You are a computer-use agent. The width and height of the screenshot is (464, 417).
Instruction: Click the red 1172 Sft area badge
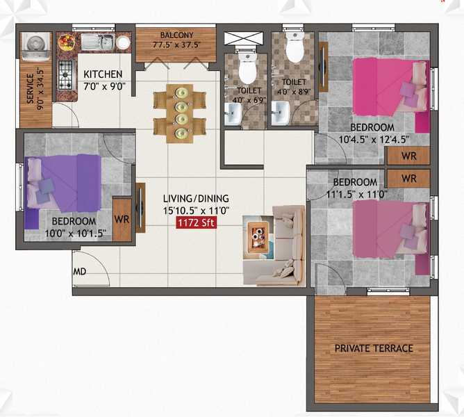(x=197, y=222)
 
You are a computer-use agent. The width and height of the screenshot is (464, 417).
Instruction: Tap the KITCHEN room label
(x=103, y=74)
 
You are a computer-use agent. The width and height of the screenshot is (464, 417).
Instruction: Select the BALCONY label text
(x=176, y=35)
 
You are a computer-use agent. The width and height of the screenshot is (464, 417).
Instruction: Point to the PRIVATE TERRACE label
(x=374, y=348)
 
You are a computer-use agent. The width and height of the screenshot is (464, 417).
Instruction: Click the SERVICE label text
(x=30, y=88)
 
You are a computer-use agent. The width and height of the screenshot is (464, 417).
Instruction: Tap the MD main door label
(x=80, y=271)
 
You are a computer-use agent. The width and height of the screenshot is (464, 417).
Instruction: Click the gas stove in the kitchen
(x=65, y=75)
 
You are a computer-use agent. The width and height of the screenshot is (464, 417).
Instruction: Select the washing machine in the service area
(x=36, y=45)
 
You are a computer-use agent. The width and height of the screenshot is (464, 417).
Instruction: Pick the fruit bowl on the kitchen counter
(x=66, y=42)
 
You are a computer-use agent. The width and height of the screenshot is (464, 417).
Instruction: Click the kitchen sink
(x=97, y=42)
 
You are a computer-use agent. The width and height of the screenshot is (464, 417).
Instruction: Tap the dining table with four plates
(x=180, y=114)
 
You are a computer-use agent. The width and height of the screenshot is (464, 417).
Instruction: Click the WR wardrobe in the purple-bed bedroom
(x=122, y=219)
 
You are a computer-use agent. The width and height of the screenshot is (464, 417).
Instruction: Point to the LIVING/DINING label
(x=196, y=198)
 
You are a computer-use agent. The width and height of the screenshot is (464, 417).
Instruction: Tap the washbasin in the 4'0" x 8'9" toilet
(x=280, y=113)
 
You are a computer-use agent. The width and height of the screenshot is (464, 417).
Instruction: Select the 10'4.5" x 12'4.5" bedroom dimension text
(x=374, y=139)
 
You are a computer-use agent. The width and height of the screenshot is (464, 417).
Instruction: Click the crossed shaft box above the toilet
(x=243, y=38)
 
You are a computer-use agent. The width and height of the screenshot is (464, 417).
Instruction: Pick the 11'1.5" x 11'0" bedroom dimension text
(x=357, y=195)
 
